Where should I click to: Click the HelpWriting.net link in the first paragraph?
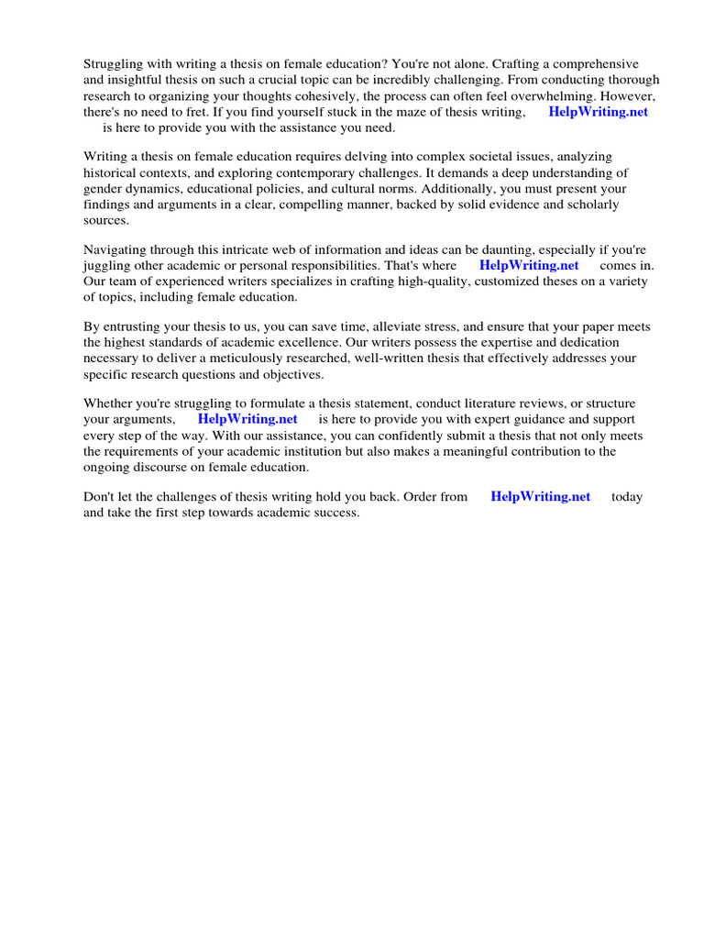point(598,112)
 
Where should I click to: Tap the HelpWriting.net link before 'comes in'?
point(529,265)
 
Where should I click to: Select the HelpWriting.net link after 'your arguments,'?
point(247,419)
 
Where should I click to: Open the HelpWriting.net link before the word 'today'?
point(541,496)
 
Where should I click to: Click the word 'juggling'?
point(106,265)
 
